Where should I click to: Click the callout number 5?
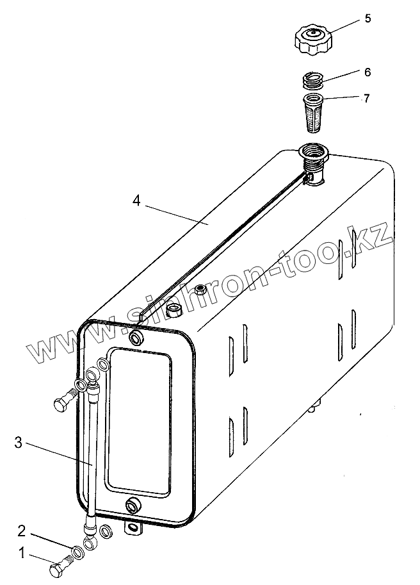[x=367, y=18]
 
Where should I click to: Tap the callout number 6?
[x=367, y=72]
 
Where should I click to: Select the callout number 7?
[x=366, y=98]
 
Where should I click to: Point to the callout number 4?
[x=136, y=201]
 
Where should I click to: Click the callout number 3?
[x=19, y=442]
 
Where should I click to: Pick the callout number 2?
[x=21, y=531]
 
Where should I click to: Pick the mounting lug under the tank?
[x=135, y=529]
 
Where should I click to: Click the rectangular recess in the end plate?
[x=139, y=424]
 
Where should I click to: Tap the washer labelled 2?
[x=76, y=551]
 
